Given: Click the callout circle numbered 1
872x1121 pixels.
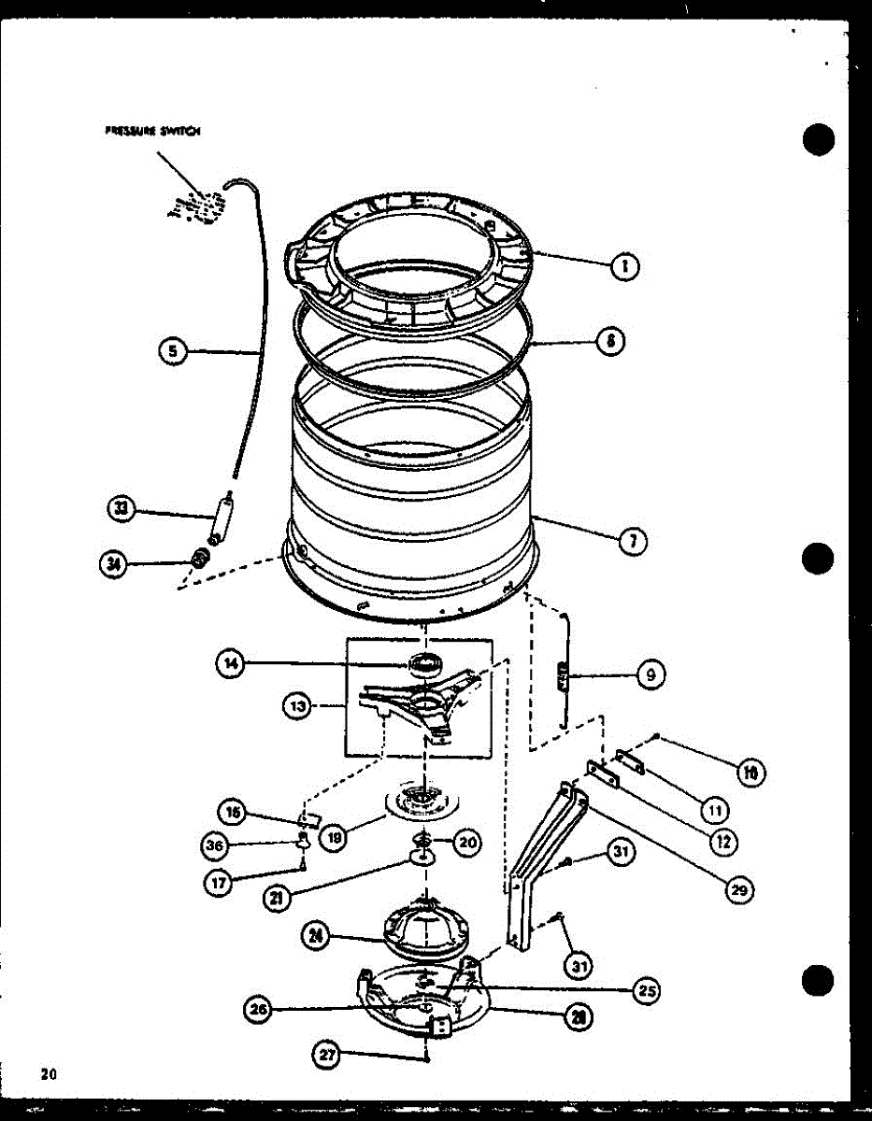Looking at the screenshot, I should [x=623, y=267].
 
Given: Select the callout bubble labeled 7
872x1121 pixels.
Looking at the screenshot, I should [x=635, y=541].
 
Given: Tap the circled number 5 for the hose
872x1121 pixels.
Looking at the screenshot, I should [x=172, y=351].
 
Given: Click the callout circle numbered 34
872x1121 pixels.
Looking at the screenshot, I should [x=116, y=563].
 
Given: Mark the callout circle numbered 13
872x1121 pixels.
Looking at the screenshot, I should [x=297, y=706].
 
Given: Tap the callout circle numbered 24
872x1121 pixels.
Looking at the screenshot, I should [x=318, y=935].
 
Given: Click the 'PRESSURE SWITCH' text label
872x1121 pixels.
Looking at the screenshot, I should [x=152, y=132].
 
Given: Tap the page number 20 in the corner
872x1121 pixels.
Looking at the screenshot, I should [x=49, y=1073].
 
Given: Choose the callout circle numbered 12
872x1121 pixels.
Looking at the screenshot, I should [x=722, y=841].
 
